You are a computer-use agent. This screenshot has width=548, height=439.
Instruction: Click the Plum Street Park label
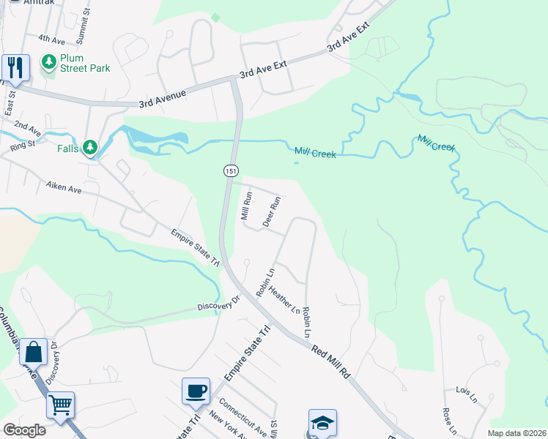(86, 63)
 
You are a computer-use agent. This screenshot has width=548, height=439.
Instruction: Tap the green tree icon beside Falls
(90, 149)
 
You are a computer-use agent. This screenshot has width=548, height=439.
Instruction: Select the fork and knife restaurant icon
(15, 67)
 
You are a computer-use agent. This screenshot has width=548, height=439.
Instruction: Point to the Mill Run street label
(247, 206)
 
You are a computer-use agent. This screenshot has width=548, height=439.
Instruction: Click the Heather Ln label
(285, 301)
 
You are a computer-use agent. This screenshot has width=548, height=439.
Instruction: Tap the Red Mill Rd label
(331, 362)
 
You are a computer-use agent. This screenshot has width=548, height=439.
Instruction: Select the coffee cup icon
(196, 391)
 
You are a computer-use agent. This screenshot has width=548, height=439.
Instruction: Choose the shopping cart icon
(60, 405)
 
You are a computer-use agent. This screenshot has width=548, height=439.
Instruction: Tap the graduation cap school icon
(322, 422)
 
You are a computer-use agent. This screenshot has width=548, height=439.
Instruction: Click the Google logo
(24, 430)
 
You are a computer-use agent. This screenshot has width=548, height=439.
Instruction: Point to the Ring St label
(23, 144)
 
